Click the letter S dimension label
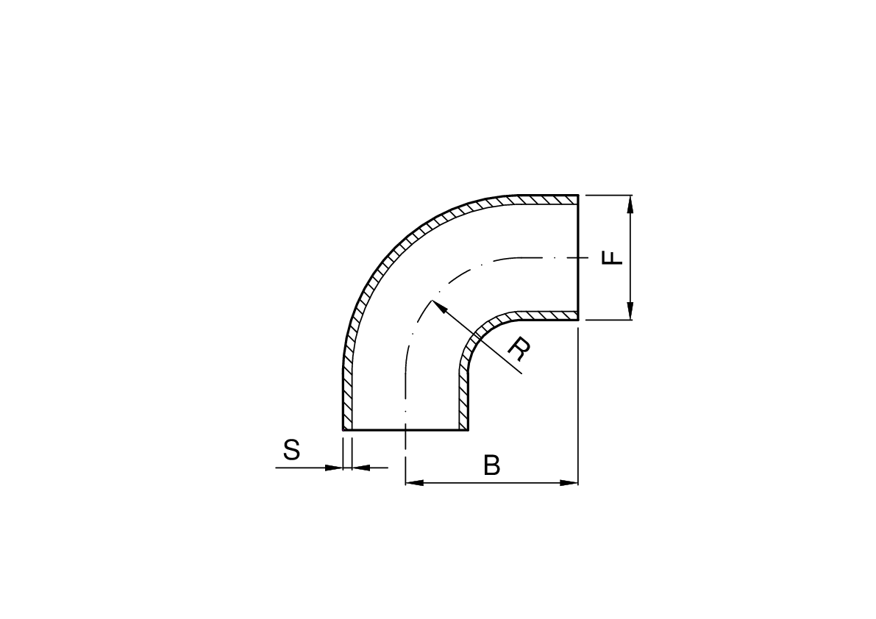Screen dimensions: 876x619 pos(291,449)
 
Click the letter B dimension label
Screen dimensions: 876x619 pos(491,465)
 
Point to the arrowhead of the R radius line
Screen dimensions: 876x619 pos(438,306)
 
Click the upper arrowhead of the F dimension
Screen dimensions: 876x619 pos(630,204)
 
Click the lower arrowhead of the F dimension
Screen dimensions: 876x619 pos(630,310)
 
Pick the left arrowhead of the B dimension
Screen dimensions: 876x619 pos(414,482)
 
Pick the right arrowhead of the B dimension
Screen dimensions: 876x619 pos(569,482)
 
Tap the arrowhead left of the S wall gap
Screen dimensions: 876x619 pos(333,468)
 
